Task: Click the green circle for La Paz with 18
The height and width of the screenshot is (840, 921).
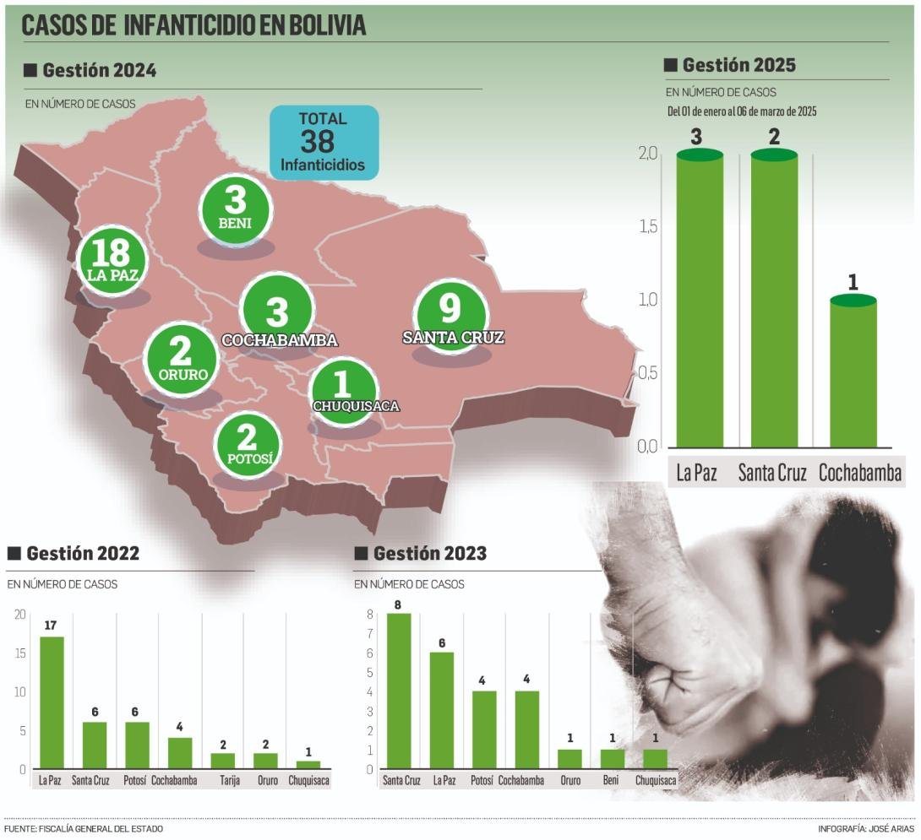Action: click(112, 260)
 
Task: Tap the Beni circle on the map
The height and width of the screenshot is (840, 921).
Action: click(236, 210)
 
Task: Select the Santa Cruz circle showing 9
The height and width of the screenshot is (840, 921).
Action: click(451, 317)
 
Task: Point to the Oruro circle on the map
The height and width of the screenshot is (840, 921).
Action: click(182, 360)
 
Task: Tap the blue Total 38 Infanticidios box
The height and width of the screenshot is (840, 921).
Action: click(324, 142)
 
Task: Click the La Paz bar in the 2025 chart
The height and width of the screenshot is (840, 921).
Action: click(700, 299)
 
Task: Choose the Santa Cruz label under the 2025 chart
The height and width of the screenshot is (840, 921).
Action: click(771, 473)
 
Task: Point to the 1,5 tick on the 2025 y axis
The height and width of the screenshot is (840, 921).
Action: click(648, 227)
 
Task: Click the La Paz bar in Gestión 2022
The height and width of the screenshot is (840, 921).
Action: click(52, 702)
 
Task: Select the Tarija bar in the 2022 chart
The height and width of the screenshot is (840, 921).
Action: click(222, 761)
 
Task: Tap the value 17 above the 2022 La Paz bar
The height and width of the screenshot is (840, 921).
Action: click(51, 626)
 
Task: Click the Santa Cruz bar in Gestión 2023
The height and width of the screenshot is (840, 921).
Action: click(398, 691)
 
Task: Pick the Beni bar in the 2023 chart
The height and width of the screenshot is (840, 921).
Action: click(612, 759)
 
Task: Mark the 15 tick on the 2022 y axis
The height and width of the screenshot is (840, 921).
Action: click(20, 653)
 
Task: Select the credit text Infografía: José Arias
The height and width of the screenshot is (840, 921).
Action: click(866, 829)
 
